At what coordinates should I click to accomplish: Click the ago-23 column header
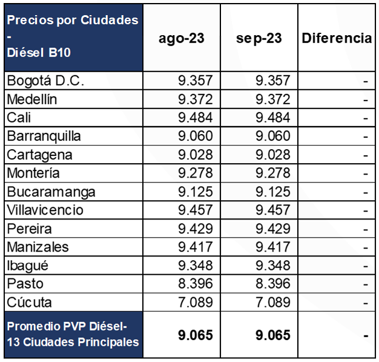[181, 38]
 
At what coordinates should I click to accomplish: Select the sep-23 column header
[260, 38]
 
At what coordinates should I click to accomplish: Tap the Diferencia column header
[337, 38]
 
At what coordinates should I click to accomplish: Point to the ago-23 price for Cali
[196, 118]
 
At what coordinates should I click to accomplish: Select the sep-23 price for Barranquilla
[273, 136]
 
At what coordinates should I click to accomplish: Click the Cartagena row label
[39, 155]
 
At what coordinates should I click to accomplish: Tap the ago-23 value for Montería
[196, 173]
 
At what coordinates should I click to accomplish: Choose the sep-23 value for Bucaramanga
[273, 192]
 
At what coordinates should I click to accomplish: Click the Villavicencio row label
[45, 210]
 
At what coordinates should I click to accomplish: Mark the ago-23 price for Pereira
[196, 229]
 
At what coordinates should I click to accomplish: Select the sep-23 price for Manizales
[273, 247]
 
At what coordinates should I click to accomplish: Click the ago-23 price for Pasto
[196, 284]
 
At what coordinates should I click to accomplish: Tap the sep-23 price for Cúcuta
[273, 303]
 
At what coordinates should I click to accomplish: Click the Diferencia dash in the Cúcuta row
[365, 303]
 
